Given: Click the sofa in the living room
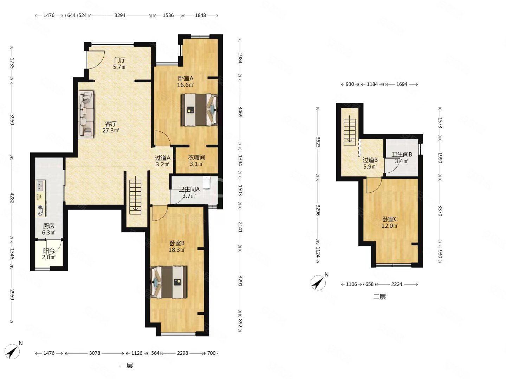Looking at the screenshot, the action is (x=86, y=115).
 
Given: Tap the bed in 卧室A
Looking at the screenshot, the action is (x=199, y=109).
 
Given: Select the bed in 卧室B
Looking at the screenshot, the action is (x=169, y=282).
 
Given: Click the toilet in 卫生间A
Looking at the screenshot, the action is (x=206, y=182).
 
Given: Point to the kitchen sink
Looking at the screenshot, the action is (x=40, y=186).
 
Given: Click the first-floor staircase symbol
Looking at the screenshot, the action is (x=135, y=197).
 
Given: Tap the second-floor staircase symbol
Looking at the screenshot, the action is (x=350, y=131).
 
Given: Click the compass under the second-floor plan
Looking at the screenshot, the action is (x=318, y=282).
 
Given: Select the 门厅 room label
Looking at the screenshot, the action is (x=120, y=60).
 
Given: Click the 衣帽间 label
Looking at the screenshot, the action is (x=197, y=158).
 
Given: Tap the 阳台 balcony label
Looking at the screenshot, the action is (x=48, y=251).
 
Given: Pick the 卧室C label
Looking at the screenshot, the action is (x=390, y=219).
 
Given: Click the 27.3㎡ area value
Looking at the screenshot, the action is (x=111, y=131).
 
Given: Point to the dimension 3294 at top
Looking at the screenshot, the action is (x=120, y=15).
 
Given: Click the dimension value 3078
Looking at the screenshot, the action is (x=95, y=353).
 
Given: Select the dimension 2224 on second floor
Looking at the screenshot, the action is (x=396, y=284).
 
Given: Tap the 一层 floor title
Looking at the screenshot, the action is (x=126, y=366).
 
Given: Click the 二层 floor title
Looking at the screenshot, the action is (x=379, y=297).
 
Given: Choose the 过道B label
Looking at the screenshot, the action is (x=370, y=160).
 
